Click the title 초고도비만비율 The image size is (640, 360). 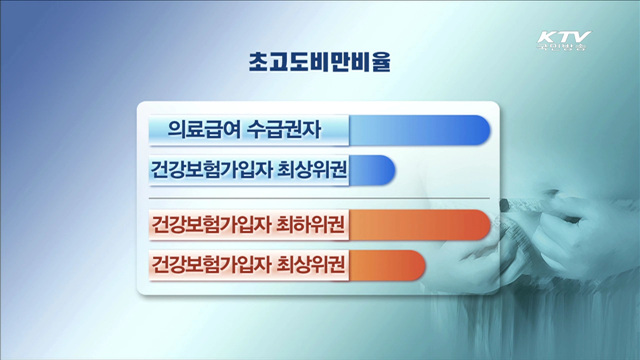[320, 62]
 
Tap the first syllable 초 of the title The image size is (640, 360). [259, 62]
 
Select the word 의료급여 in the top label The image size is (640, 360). [201, 130]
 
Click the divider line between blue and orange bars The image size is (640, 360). [320, 198]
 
